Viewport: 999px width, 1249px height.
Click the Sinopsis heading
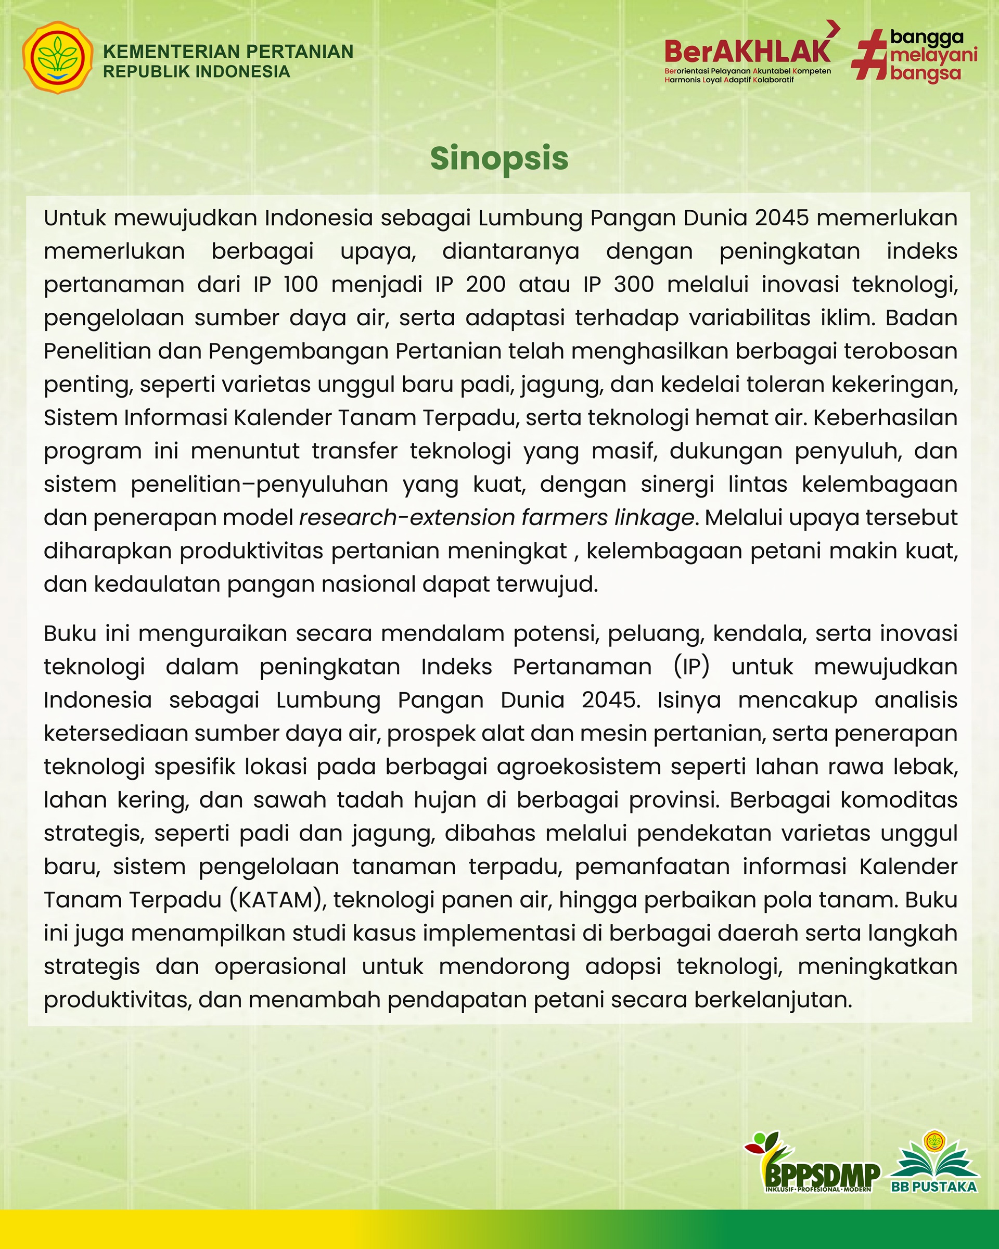click(x=499, y=158)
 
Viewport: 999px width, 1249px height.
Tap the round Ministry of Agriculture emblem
click(x=57, y=58)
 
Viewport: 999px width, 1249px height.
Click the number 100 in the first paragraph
click(x=301, y=285)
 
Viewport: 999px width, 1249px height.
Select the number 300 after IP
click(x=634, y=285)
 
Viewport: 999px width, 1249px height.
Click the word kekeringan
click(x=895, y=384)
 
